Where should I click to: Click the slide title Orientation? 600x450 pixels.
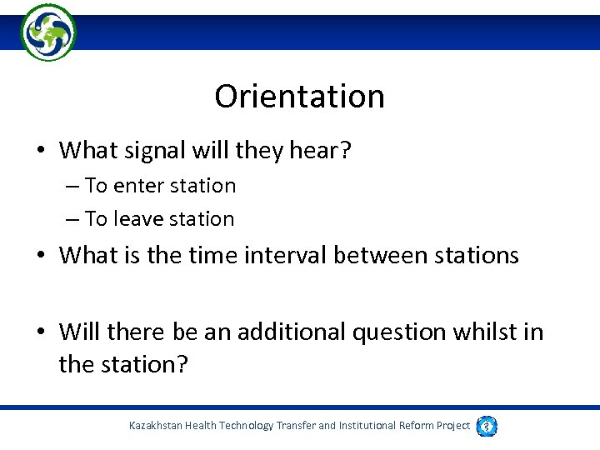[299, 97]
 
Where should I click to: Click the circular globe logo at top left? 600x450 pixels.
[48, 32]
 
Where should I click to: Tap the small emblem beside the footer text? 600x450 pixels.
[487, 426]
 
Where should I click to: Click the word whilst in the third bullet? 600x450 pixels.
[485, 332]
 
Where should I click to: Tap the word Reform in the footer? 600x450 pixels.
[414, 426]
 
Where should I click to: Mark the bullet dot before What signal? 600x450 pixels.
[40, 152]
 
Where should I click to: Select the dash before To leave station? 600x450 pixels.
[72, 220]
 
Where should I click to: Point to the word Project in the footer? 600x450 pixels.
[453, 426]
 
